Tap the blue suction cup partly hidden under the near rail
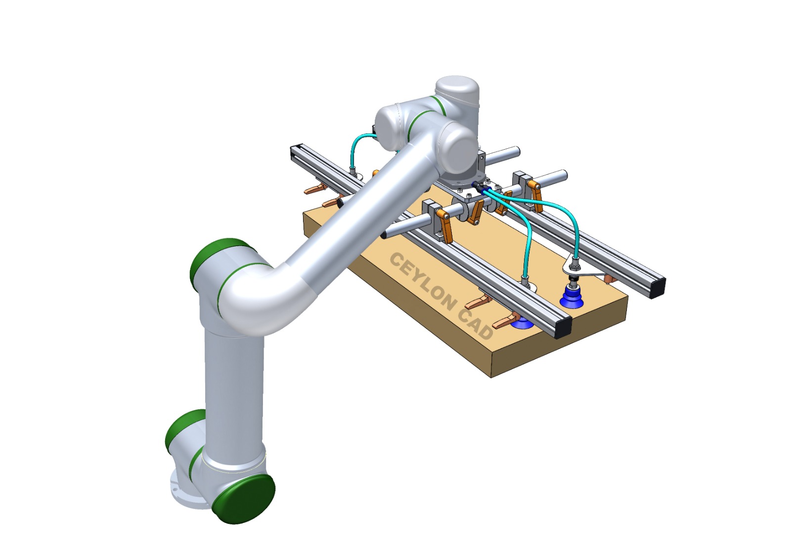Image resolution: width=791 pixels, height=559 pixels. pyautogui.click(x=521, y=324)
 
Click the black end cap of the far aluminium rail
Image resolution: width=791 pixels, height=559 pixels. pyautogui.click(x=657, y=289)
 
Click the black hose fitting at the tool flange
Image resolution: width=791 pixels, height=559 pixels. pyautogui.click(x=478, y=187)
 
